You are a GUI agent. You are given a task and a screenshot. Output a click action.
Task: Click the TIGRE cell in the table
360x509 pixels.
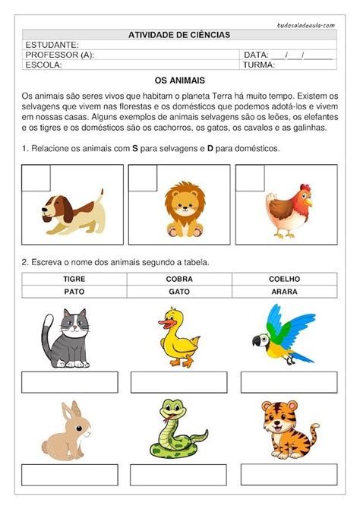(x=74, y=279)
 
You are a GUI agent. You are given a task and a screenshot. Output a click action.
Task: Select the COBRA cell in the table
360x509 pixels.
(x=179, y=279)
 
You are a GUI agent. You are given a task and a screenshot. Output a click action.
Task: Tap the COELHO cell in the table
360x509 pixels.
(x=285, y=279)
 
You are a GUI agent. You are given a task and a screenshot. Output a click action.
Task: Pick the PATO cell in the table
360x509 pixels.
(x=74, y=291)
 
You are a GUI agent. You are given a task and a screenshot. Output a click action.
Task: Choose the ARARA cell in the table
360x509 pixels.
(x=285, y=291)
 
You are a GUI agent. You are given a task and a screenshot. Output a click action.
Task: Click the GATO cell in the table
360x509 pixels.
(x=179, y=291)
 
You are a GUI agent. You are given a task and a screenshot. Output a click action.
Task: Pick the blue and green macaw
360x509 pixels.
(x=283, y=334)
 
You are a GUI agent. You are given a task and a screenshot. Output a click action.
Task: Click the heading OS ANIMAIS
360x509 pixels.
(x=180, y=80)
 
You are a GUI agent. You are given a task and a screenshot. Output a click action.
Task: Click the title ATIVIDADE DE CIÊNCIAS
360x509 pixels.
(x=179, y=35)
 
